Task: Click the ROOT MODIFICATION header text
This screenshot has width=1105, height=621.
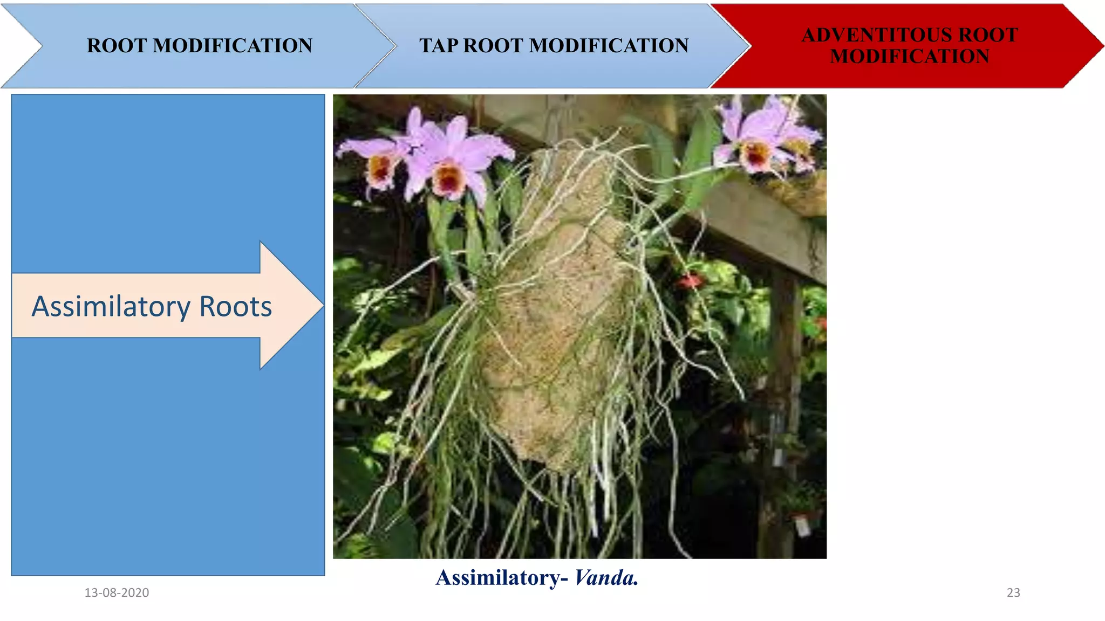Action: point(199,46)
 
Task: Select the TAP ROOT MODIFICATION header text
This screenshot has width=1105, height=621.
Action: point(554,46)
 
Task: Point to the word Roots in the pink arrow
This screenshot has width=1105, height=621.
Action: point(235,307)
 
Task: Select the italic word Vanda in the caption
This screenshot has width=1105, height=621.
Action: point(605,578)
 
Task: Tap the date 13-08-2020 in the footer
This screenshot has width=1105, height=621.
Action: point(117,592)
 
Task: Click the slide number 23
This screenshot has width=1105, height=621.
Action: point(1013,592)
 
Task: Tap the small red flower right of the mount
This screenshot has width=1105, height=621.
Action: point(689,280)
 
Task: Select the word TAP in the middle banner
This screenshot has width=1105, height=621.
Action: point(439,46)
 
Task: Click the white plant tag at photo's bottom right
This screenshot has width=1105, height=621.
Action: point(802,526)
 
